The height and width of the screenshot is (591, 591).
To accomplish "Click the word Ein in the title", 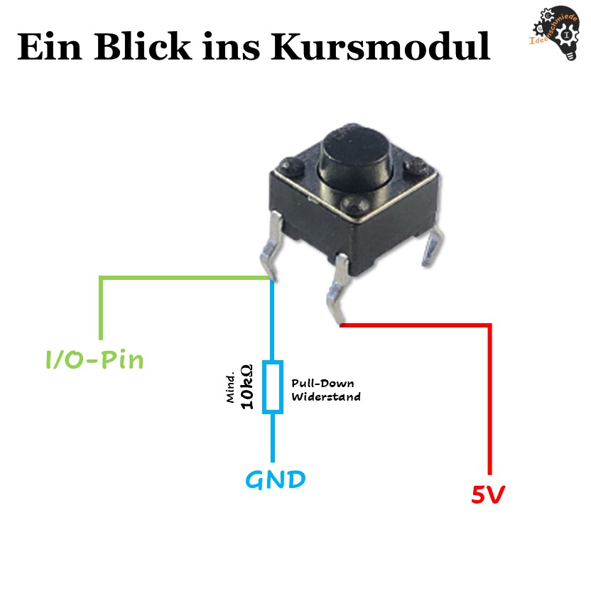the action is pyautogui.click(x=50, y=47).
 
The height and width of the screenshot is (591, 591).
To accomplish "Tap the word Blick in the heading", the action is pyautogui.click(x=143, y=46).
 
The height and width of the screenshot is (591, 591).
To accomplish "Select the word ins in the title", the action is pyautogui.click(x=231, y=47).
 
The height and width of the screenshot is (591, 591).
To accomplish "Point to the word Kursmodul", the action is pyautogui.click(x=380, y=46).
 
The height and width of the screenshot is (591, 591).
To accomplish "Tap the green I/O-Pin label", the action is pyautogui.click(x=94, y=360).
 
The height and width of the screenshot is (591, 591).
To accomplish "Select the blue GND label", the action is pyautogui.click(x=275, y=479).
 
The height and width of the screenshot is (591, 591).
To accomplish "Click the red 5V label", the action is pyautogui.click(x=488, y=494).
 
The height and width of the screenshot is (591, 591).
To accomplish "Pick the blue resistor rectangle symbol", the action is pyautogui.click(x=273, y=386).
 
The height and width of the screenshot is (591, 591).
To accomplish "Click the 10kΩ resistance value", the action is pyautogui.click(x=246, y=386).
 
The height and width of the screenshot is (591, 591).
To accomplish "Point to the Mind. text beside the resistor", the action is pyautogui.click(x=230, y=388).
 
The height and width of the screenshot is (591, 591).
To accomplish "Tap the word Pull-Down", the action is pyautogui.click(x=322, y=384).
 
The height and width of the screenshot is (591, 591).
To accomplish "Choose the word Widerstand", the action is pyautogui.click(x=325, y=396).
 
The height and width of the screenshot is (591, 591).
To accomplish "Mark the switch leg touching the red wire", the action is pyautogui.click(x=337, y=288).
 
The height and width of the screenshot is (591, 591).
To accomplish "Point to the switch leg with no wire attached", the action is pyautogui.click(x=433, y=247).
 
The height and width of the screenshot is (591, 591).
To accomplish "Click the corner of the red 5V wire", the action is pyautogui.click(x=489, y=325).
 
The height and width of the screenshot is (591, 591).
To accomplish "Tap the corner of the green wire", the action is pyautogui.click(x=101, y=278).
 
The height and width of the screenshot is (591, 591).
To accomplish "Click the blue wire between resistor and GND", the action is pyautogui.click(x=273, y=438).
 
